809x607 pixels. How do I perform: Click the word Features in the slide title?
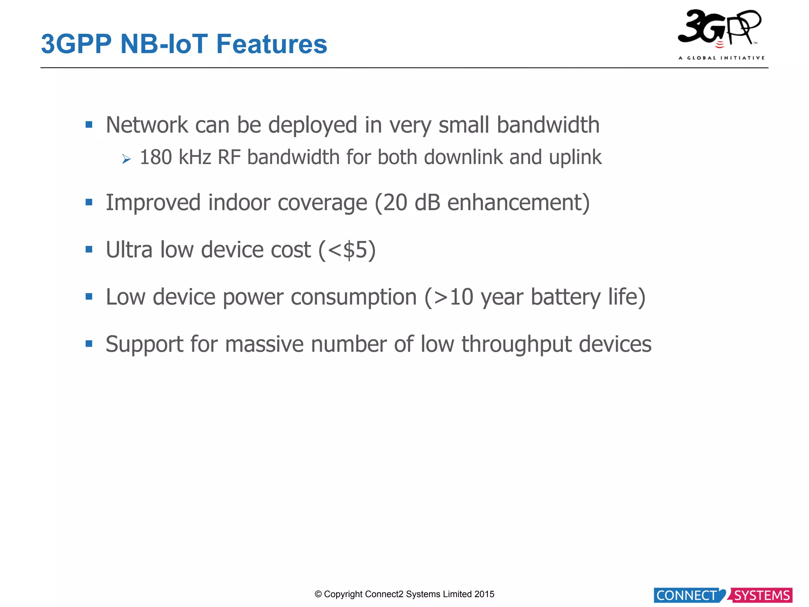click(x=272, y=44)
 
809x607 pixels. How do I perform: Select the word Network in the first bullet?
click(x=147, y=125)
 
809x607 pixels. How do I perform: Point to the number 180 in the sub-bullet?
click(x=156, y=157)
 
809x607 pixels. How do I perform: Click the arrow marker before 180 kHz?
click(x=126, y=159)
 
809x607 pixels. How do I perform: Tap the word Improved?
click(x=153, y=203)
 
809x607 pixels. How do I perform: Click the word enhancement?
click(x=515, y=203)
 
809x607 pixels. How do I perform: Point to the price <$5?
click(x=348, y=250)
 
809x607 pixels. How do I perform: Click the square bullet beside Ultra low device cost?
click(x=89, y=249)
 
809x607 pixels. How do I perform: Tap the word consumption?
click(x=354, y=297)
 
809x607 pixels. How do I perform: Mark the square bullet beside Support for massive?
click(x=89, y=343)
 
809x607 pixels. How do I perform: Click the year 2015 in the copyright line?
click(x=484, y=594)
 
